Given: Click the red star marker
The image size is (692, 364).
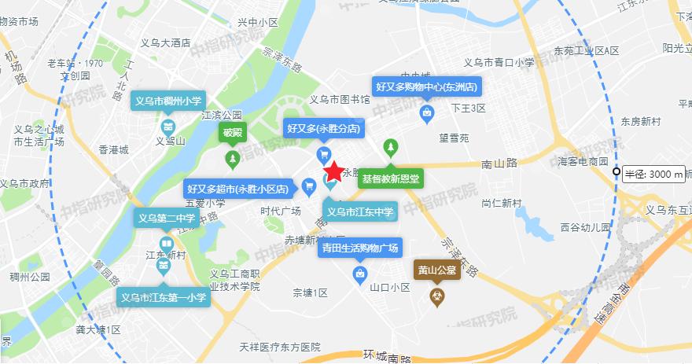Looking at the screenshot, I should coord(333,171).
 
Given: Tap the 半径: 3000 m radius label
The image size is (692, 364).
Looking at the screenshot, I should coord(655,175).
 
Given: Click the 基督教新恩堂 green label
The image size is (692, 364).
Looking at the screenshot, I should coord(391,178).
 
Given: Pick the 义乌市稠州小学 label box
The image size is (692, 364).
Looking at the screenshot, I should coord(167,101).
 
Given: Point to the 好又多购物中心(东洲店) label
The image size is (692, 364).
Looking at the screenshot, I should coord(426,86).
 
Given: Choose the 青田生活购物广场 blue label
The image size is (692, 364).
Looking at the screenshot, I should coord(359,248).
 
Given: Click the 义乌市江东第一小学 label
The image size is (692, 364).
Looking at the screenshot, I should coord(164,298).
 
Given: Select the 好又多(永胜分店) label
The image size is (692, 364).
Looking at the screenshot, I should coord(323,127).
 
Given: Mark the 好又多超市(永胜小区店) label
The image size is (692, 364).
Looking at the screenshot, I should coord(240,189).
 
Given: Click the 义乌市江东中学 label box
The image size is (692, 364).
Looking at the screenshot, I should coord(361,211).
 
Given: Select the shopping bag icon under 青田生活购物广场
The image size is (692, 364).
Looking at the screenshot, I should coord(360,273).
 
